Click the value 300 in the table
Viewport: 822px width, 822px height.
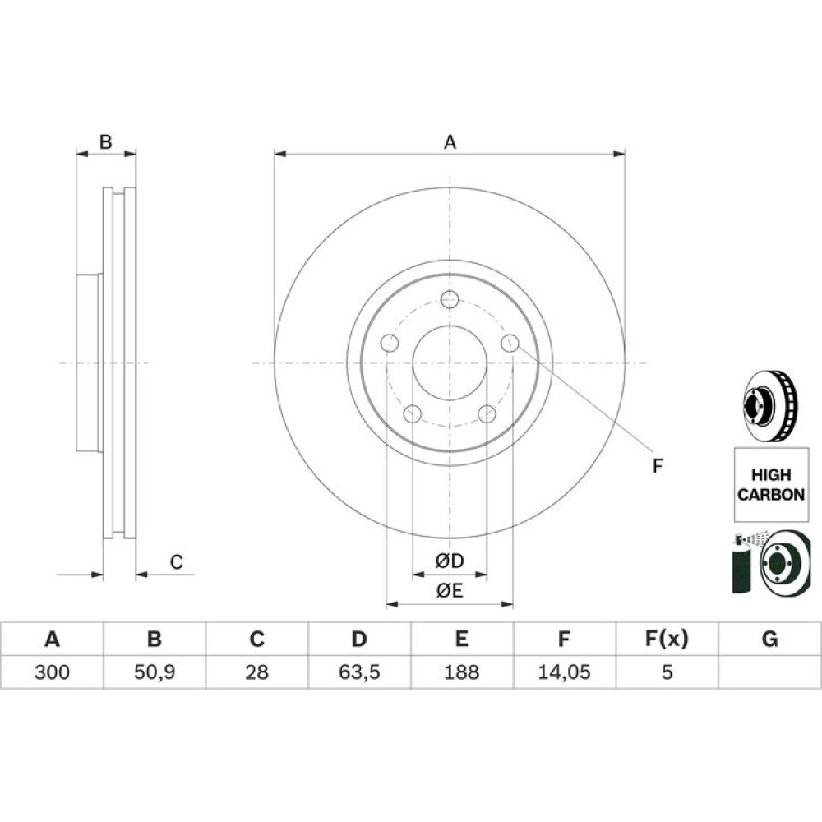[52, 672]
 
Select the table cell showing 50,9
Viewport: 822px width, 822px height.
[155, 672]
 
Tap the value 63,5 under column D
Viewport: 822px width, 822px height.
[359, 672]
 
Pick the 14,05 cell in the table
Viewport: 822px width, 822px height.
[564, 672]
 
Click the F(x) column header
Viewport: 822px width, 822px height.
[667, 639]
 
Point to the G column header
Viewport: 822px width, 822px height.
[769, 639]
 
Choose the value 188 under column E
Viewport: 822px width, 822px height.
[461, 672]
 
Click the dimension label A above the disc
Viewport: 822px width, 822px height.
[450, 142]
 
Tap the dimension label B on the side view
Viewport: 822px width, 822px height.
[106, 141]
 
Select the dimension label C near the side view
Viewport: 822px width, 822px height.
[176, 562]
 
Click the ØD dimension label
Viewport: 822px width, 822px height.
[450, 561]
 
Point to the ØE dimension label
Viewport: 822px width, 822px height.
[450, 591]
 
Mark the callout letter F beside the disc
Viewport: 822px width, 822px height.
[658, 465]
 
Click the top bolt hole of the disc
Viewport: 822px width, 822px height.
[450, 300]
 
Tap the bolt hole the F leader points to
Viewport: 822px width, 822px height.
[510, 344]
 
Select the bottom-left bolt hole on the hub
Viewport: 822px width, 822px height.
[413, 413]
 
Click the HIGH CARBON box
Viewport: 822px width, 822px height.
[771, 484]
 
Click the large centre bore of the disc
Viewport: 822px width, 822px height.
[450, 363]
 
